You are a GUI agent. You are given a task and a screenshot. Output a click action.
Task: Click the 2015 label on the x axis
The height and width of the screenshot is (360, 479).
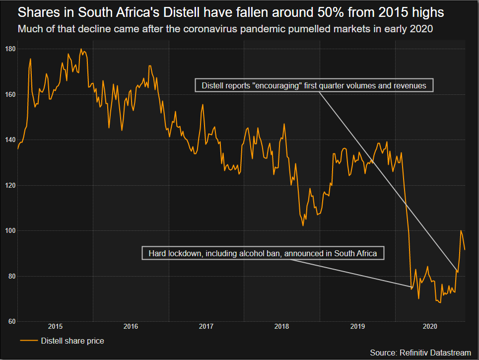pyautogui.click(x=55, y=327)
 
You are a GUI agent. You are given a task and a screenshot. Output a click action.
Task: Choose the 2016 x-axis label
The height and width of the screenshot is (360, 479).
pyautogui.click(x=131, y=327)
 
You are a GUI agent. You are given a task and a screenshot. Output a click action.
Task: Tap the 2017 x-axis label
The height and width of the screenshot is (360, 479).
pyautogui.click(x=206, y=327)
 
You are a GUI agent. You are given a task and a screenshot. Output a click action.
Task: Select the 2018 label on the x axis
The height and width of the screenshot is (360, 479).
pyautogui.click(x=281, y=327)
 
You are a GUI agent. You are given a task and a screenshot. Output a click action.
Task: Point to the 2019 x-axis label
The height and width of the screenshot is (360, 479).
pyautogui.click(x=357, y=327)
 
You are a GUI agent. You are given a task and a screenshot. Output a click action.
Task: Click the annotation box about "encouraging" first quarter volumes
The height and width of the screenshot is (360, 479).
pyautogui.click(x=314, y=85)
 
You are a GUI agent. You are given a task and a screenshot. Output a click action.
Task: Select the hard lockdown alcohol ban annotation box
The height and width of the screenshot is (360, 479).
pyautogui.click(x=263, y=253)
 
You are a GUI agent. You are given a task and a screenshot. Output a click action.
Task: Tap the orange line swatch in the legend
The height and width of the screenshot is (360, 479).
pyautogui.click(x=29, y=341)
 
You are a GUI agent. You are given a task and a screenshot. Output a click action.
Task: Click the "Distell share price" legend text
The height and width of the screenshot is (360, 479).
pyautogui.click(x=72, y=341)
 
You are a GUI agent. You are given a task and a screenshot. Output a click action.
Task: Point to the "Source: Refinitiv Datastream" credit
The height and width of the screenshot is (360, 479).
pyautogui.click(x=420, y=353)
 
